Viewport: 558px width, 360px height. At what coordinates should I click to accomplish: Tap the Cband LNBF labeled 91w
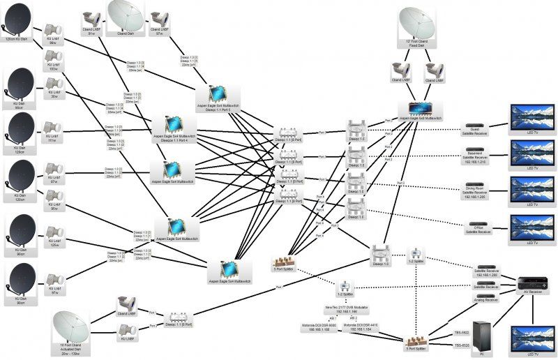pyautogui.click(x=91, y=20)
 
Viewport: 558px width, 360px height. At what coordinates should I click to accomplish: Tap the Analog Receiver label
pyautogui.click(x=486, y=300)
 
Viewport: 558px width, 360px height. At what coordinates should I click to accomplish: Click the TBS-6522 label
pyautogui.click(x=461, y=333)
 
